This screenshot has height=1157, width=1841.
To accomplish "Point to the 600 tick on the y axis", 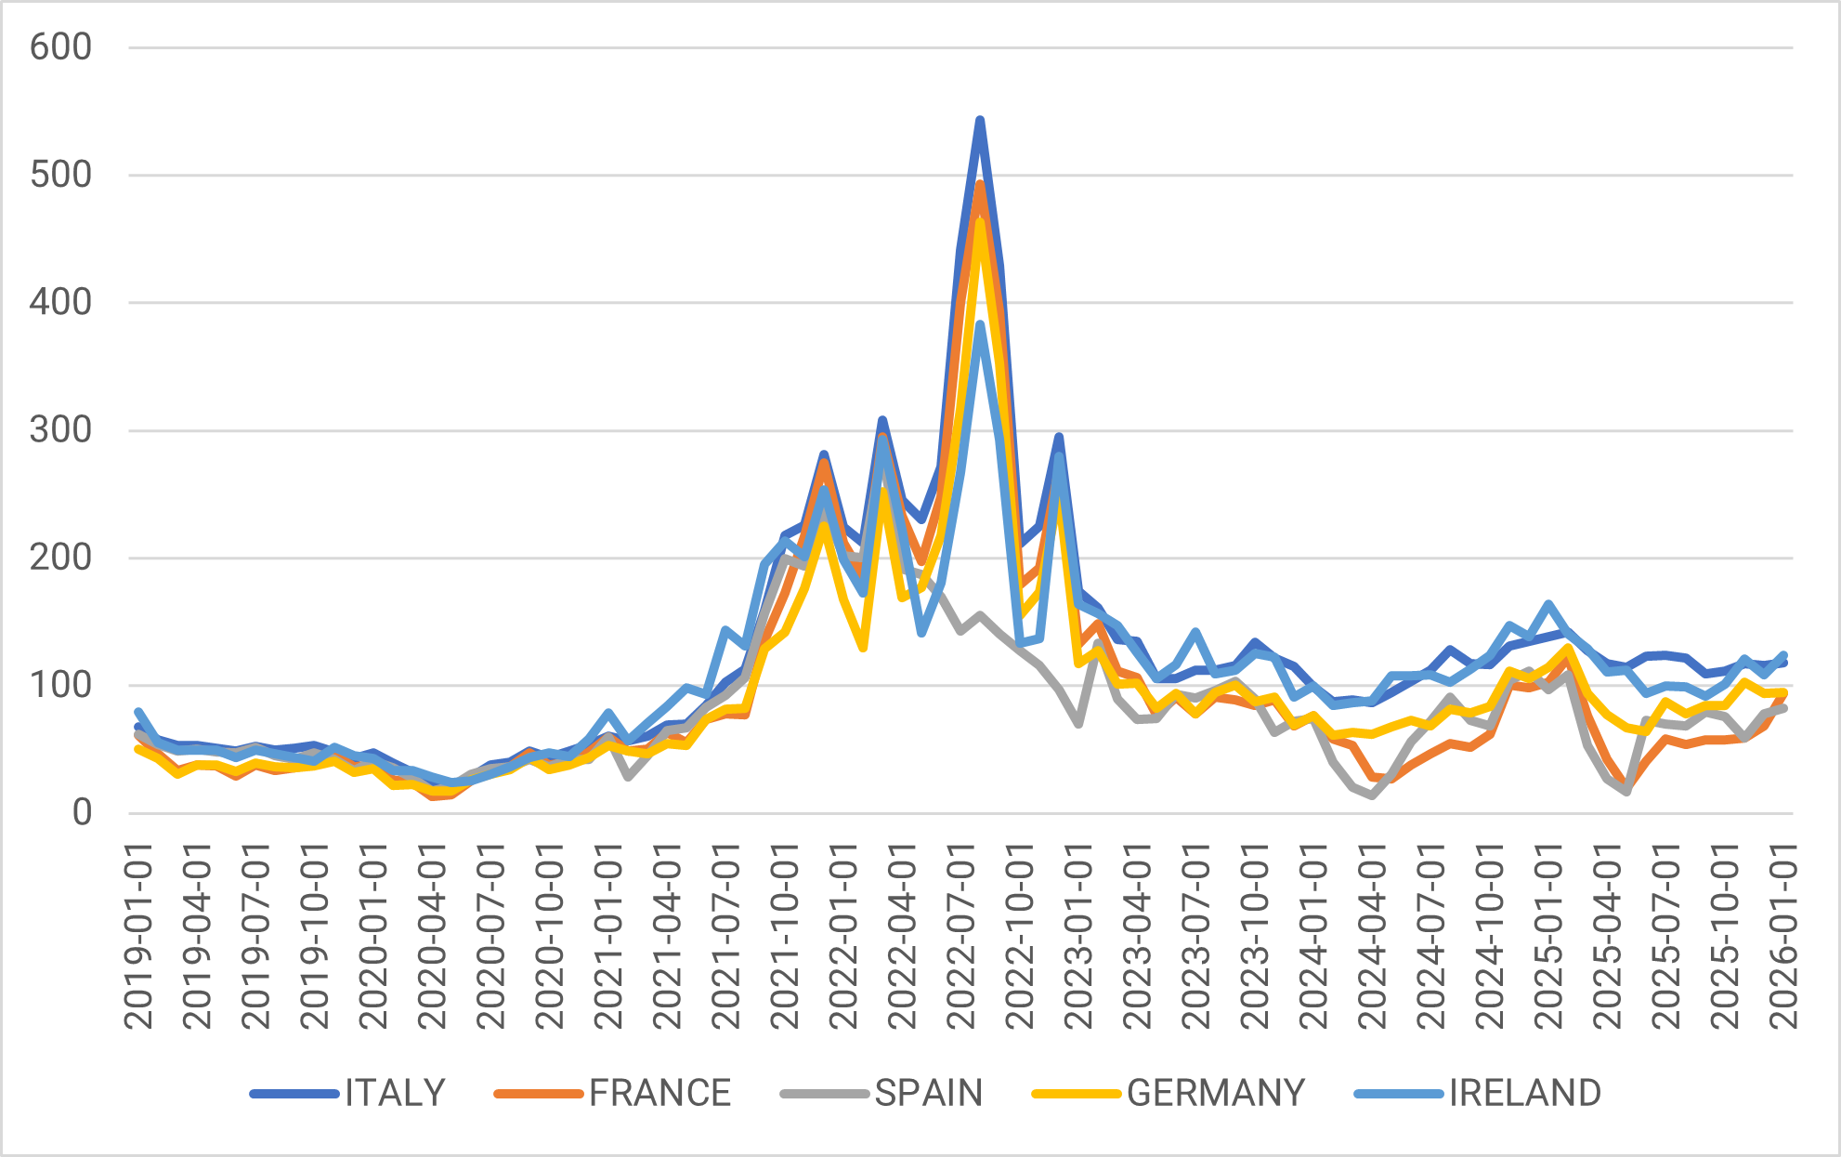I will [x=60, y=47].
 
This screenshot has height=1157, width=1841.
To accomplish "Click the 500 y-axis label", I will [x=60, y=175].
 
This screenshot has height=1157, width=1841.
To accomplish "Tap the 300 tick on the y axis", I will [x=60, y=430].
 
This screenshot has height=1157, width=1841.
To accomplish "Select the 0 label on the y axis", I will [x=82, y=813].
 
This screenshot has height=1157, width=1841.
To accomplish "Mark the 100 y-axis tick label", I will [x=60, y=686].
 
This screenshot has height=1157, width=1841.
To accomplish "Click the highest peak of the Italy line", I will [x=980, y=121].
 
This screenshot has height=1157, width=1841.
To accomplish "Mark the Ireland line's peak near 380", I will [x=980, y=324].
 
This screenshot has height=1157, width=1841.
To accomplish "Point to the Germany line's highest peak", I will [x=980, y=221].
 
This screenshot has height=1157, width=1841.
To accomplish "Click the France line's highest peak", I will [x=980, y=183].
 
